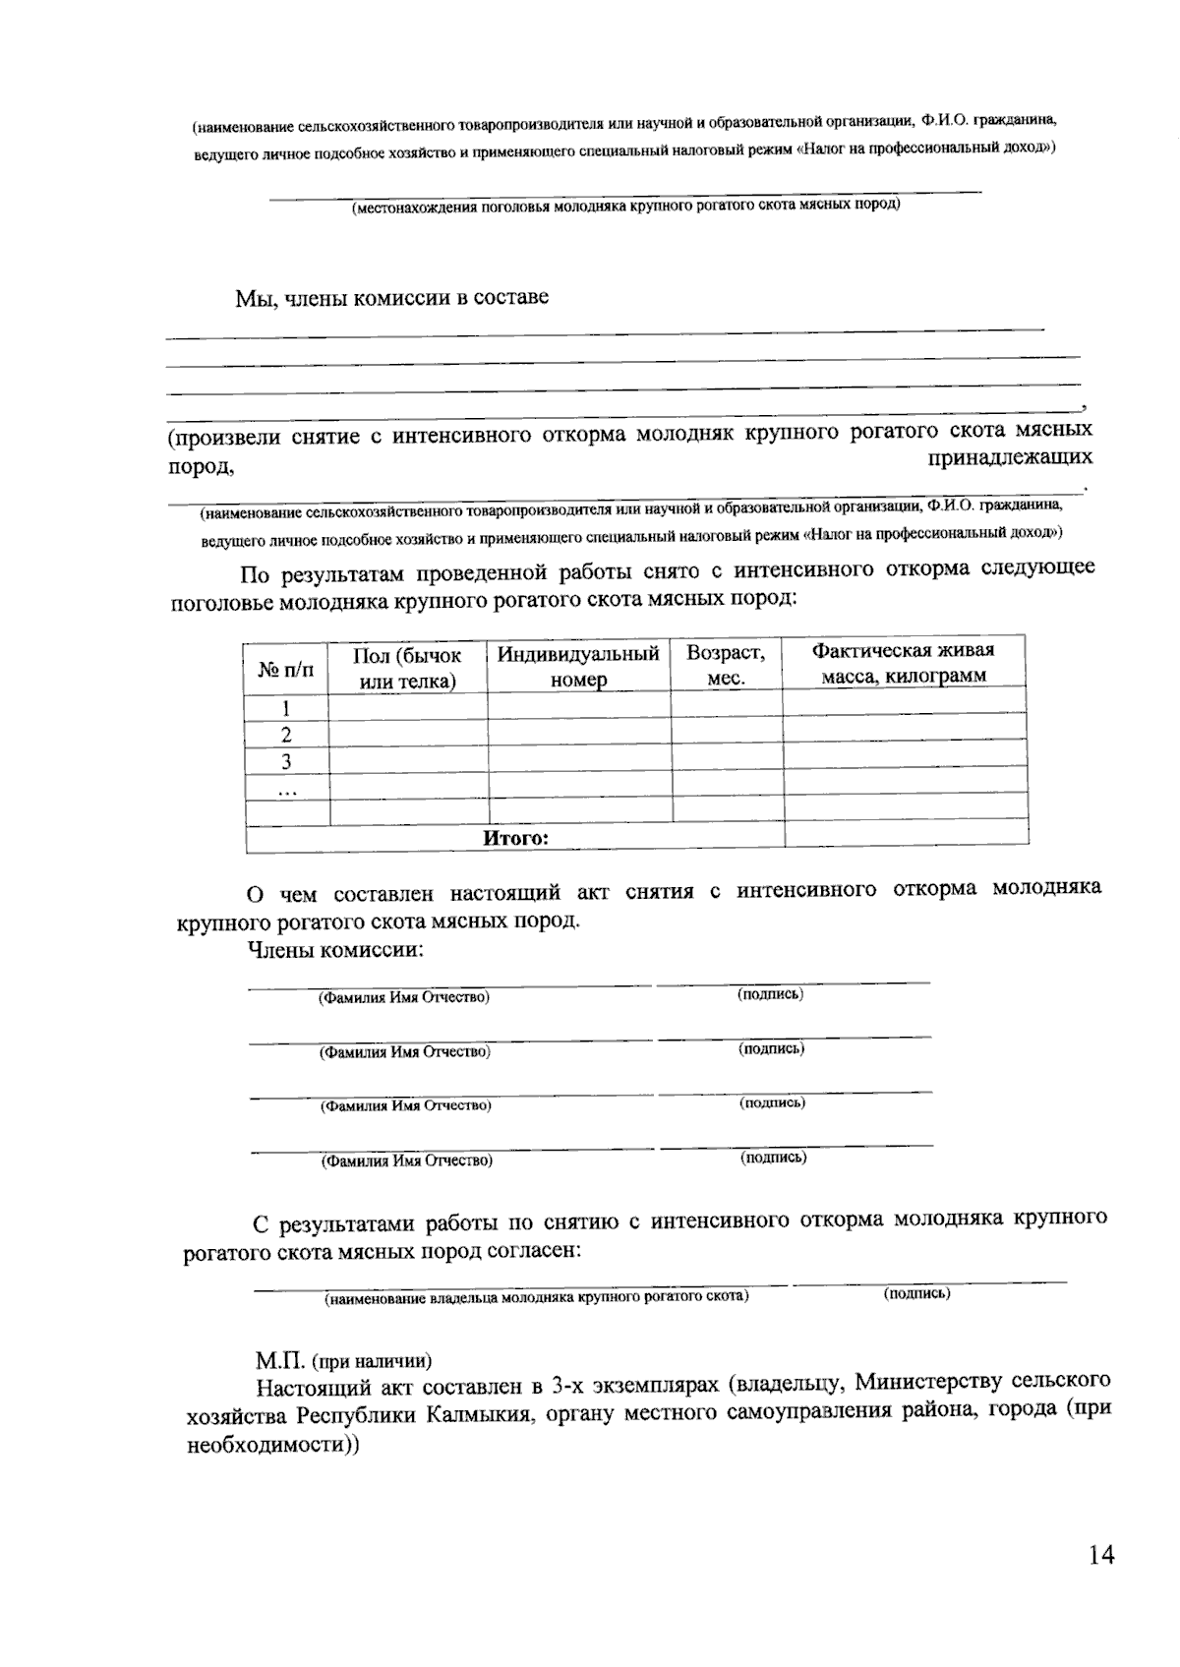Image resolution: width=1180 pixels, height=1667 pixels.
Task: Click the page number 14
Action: pos(1101,1555)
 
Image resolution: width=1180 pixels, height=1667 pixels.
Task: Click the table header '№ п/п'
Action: pos(285,670)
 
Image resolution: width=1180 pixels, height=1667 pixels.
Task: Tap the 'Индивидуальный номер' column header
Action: pos(578,666)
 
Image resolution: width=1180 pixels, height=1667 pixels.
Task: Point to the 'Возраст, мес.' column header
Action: pos(726,665)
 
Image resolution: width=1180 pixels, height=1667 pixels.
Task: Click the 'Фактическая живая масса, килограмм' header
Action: pos(903,662)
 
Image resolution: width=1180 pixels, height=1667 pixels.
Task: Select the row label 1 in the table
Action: pos(286,708)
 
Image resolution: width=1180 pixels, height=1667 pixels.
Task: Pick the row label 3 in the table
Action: pos(286,761)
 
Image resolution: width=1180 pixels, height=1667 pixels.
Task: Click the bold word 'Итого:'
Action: pos(515,838)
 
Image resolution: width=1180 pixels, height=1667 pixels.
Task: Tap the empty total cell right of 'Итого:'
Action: pos(906,834)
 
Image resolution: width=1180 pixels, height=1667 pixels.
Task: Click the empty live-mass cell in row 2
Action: pos(904,728)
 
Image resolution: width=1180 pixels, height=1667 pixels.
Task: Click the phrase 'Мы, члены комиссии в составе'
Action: pos(391,298)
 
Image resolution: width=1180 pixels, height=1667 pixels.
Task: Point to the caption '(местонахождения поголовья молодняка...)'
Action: pos(626,207)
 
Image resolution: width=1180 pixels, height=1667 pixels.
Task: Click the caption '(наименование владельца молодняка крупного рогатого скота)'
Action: pos(536,1296)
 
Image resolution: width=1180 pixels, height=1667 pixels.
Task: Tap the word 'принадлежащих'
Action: pos(1010,457)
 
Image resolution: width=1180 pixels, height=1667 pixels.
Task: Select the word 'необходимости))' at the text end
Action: pos(273,1447)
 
